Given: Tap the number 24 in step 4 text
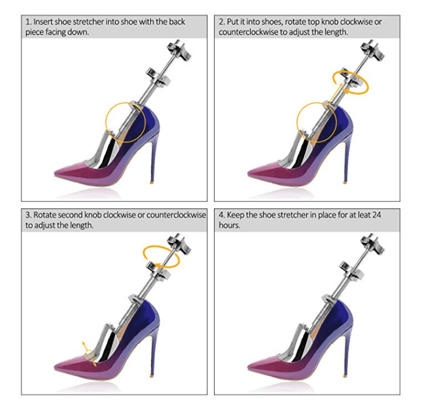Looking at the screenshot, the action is click(377, 215).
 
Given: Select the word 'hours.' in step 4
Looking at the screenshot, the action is click(230, 225).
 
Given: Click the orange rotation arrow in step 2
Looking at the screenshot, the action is click(351, 82).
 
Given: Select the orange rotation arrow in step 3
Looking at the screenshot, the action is click(161, 256).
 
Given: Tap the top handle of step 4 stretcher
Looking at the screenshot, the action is click(372, 244).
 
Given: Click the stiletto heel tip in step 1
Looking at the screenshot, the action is click(152, 182).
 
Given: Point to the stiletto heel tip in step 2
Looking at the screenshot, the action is click(345, 182).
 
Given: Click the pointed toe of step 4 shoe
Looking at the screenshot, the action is click(248, 367).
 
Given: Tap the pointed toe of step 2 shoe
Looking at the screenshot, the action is click(248, 173).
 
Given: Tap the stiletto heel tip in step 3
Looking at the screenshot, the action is click(152, 376).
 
